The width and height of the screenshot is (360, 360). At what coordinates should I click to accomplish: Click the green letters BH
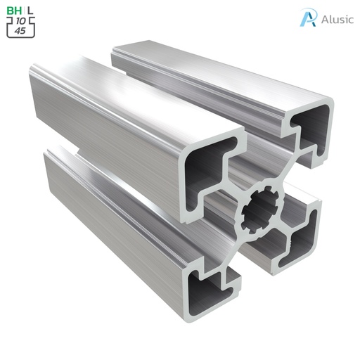pos(14,11)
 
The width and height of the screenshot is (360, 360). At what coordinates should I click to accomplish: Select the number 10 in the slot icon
pos(22,21)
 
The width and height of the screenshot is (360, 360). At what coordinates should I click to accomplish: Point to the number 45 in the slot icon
pos(22,30)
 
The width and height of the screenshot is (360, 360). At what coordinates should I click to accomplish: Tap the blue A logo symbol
pos(307,18)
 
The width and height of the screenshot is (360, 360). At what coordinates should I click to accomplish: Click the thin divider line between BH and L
pos(23,11)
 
